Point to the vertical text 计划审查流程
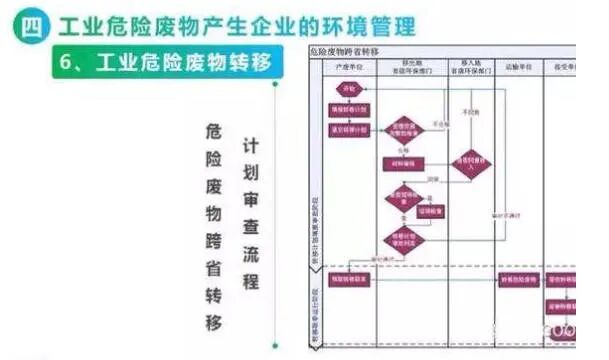251,214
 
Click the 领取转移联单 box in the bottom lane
346,280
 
